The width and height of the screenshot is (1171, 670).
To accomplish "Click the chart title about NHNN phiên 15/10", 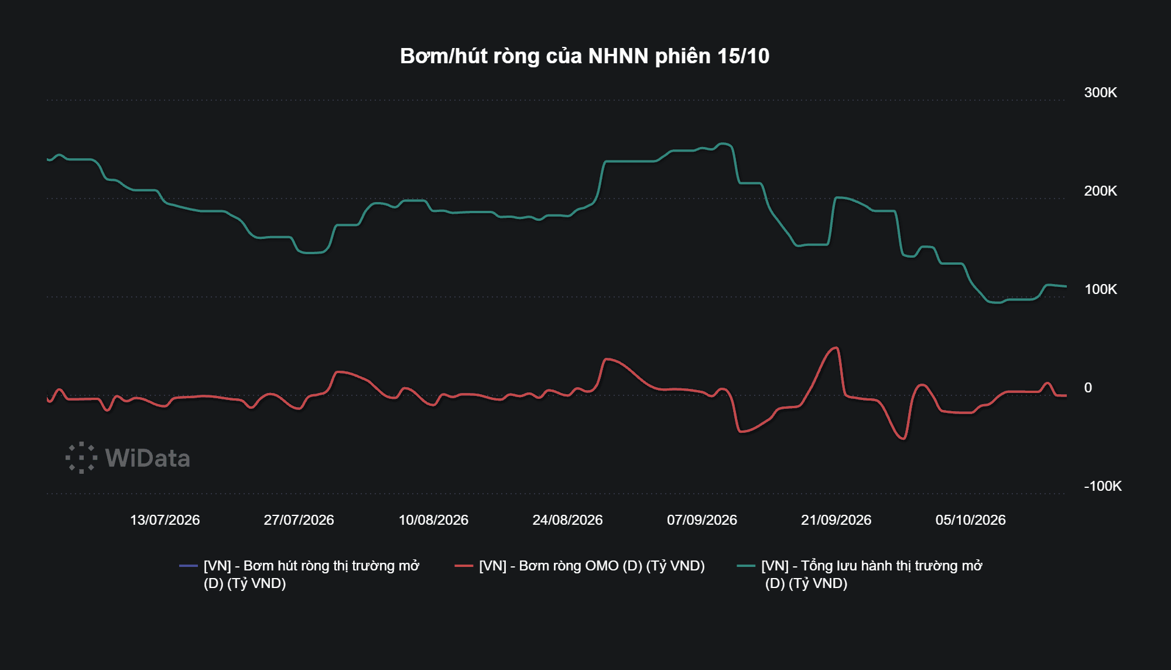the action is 584,56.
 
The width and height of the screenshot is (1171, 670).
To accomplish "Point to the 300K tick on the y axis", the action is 1100,93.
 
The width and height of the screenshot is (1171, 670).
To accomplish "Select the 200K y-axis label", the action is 1100,191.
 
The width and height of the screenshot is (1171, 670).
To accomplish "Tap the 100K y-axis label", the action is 1100,289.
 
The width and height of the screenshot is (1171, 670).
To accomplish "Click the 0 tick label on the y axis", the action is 1088,388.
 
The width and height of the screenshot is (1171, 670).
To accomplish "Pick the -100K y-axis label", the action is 1102,486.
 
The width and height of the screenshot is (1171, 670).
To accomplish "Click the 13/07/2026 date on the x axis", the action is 165,520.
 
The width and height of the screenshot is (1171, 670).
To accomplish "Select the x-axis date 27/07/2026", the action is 299,520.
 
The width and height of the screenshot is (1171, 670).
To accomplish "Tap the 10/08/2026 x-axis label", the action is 433,520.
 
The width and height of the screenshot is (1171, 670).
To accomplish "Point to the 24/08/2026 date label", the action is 567,520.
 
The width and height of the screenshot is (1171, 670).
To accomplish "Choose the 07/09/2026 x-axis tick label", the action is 702,520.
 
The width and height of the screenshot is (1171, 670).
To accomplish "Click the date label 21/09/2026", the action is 836,520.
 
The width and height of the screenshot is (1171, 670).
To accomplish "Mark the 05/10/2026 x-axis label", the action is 970,520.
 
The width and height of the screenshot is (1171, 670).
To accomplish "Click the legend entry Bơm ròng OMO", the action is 591,566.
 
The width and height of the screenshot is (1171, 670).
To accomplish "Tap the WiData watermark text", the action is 148,458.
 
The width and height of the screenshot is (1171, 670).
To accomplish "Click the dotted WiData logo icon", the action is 81,457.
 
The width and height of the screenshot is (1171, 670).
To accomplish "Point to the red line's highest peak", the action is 837,348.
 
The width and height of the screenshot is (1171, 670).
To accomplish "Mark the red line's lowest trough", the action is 904,439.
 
